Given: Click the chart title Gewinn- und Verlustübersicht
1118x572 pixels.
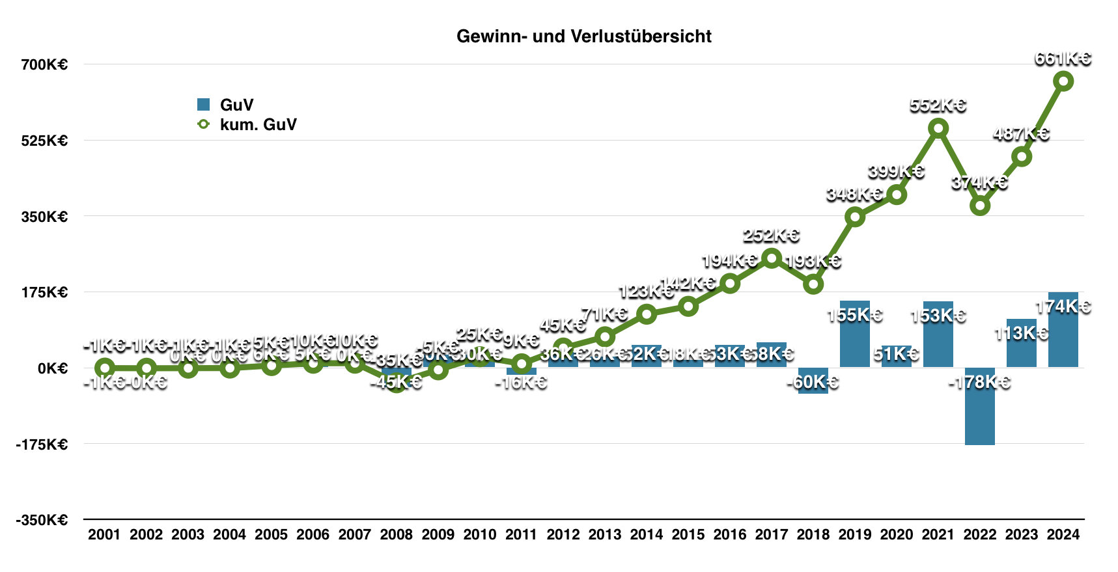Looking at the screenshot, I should [583, 36].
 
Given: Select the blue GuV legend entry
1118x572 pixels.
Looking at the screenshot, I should [225, 105].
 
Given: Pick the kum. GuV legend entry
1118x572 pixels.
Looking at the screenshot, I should [247, 124].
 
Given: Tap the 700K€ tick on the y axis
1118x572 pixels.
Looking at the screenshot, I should [44, 64].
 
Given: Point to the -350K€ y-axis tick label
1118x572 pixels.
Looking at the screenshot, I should [42, 520].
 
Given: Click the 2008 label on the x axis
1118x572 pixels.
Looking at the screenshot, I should [396, 535].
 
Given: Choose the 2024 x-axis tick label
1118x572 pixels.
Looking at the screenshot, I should [1063, 535].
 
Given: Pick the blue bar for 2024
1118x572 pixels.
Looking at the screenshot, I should [1063, 338].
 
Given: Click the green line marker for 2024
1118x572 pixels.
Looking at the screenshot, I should [1063, 81].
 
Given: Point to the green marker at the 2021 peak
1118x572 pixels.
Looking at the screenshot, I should [938, 128].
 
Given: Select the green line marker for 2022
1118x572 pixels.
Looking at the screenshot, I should [979, 206].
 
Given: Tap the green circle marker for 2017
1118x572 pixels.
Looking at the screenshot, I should [772, 258].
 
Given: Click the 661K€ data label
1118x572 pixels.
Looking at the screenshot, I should [1063, 59].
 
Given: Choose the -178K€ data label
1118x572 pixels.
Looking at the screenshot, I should [979, 382].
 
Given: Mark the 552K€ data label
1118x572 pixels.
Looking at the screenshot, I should [938, 105].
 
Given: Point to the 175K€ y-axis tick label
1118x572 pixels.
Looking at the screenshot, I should [44, 292].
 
